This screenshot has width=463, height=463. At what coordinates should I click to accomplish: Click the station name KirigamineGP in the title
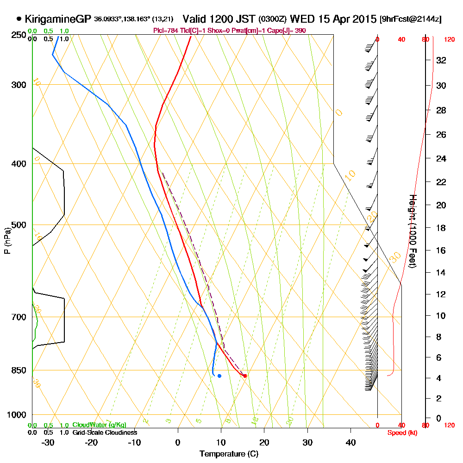click(57, 19)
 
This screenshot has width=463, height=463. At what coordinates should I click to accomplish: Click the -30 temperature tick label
click(48, 443)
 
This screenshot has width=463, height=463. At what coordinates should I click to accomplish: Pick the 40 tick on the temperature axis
click(350, 443)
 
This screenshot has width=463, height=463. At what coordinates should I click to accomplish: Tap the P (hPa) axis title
click(7, 240)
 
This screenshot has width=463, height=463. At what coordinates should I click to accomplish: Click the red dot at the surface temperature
click(245, 375)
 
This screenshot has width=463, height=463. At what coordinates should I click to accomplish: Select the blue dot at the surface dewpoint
click(219, 375)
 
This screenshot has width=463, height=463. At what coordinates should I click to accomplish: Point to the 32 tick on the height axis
click(441, 60)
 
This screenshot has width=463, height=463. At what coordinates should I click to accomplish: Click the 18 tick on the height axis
click(441, 228)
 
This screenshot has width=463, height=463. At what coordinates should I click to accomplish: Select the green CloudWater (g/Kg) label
click(99, 425)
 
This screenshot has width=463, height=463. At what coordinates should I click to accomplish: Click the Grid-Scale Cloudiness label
click(104, 432)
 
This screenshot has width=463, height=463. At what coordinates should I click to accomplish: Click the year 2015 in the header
click(363, 19)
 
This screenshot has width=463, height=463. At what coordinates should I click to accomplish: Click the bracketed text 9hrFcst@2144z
click(410, 19)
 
